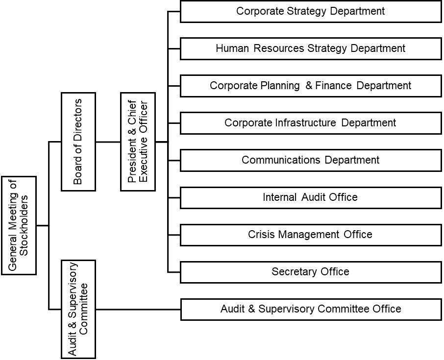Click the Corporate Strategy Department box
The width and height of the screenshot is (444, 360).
tap(311, 11)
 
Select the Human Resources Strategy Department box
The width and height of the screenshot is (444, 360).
tap(311, 48)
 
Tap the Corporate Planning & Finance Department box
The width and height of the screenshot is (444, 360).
tap(311, 86)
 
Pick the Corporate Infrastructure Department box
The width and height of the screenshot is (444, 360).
tap(311, 123)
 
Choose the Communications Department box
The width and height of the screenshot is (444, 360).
tap(311, 160)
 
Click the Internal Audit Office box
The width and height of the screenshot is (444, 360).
tap(311, 197)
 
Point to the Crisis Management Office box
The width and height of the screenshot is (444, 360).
tap(311, 235)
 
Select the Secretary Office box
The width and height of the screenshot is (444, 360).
tap(311, 272)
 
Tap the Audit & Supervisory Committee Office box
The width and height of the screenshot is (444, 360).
tap(311, 309)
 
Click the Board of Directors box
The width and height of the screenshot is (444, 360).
tap(78, 142)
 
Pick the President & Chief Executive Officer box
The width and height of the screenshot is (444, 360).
tap(138, 142)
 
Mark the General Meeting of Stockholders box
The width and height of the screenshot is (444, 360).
tap(19, 225)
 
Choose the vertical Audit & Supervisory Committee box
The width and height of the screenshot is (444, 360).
tap(78, 309)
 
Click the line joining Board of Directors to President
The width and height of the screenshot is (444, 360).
tap(108, 142)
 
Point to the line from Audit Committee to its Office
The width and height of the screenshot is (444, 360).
tap(138, 310)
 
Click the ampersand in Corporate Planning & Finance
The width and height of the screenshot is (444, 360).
tap(309, 86)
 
